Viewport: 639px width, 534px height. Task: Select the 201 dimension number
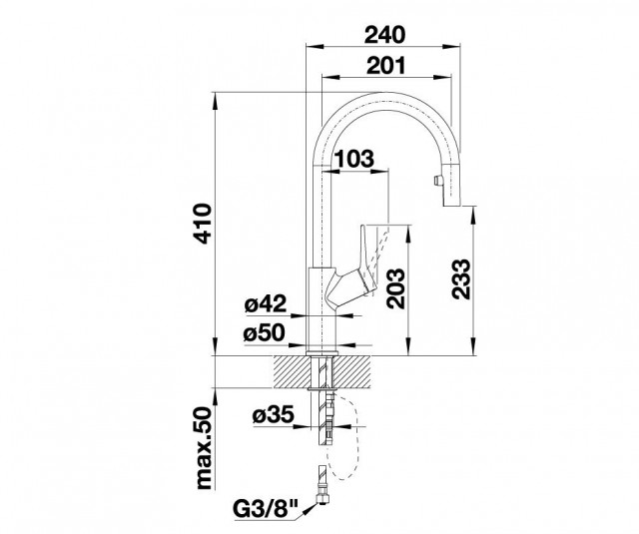coord(386,65)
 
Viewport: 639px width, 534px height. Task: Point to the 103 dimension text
coord(353,159)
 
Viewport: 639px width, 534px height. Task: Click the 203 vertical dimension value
coord(396,288)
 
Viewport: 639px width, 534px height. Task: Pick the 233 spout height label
coord(461,279)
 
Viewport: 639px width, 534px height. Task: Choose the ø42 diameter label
coord(266,303)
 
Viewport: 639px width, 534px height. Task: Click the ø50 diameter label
coord(264,333)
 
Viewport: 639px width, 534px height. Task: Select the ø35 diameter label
coord(273,415)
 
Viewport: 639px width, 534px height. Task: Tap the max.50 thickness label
coord(205,447)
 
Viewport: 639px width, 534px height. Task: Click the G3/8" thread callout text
coord(266,509)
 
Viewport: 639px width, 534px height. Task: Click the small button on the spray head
coord(437,180)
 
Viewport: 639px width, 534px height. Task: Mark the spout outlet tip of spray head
coord(452,207)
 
